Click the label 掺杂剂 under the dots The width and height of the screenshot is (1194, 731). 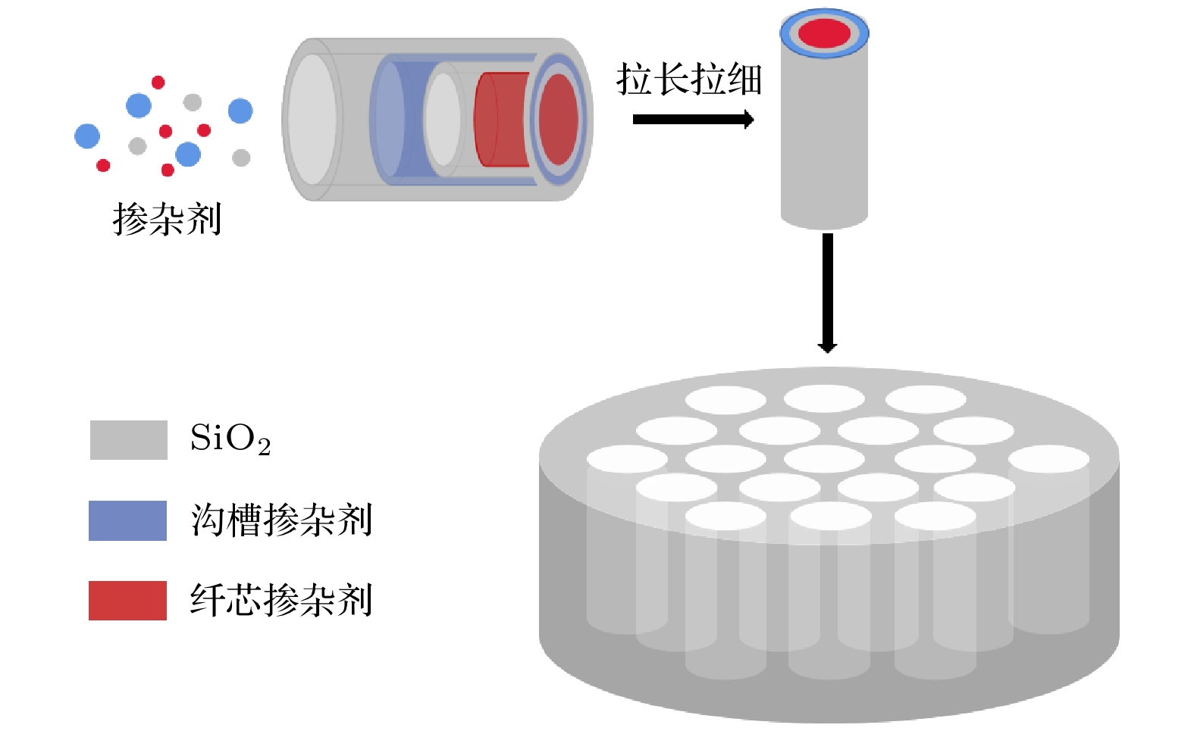tap(167, 220)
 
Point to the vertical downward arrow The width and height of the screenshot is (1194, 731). tap(827, 292)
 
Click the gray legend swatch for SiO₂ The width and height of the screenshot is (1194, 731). tap(128, 440)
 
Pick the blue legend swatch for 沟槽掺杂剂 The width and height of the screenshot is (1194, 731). tap(127, 520)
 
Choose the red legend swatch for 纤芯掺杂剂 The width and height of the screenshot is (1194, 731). tap(127, 601)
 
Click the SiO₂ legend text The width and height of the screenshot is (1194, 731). tap(230, 439)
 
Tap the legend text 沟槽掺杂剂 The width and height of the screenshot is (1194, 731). tap(281, 520)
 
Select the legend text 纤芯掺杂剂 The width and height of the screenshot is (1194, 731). tap(281, 601)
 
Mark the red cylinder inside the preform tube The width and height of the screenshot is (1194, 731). tap(500, 119)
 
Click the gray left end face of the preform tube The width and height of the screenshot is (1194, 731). tap(312, 120)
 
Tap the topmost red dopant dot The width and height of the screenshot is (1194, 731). tap(158, 82)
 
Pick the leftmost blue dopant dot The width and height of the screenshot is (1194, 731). tap(87, 136)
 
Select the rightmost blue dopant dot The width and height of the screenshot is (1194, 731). tap(240, 111)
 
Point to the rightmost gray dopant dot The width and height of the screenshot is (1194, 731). tap(241, 158)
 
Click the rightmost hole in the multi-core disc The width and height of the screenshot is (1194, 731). tap(1048, 458)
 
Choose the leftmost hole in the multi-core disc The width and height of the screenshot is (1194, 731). tap(627, 458)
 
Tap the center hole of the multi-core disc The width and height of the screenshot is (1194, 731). tap(824, 458)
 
